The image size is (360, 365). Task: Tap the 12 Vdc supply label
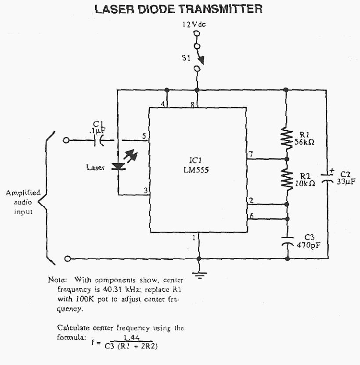point(194,25)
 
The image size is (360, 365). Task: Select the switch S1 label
point(185,57)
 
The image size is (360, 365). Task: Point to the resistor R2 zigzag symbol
point(287,179)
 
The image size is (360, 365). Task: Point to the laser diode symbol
point(118,166)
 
